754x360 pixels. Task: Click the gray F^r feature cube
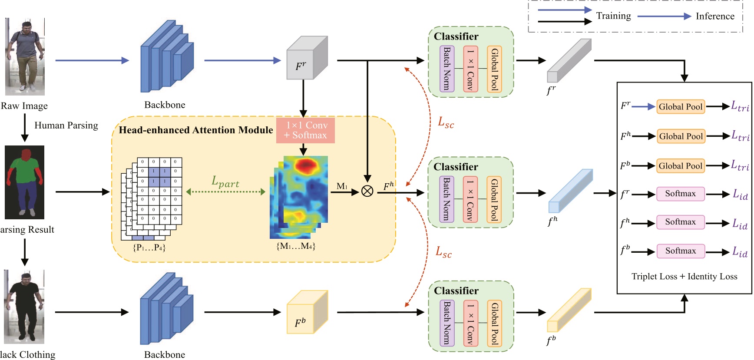(x=306, y=59)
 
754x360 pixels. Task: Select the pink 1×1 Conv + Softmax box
(x=305, y=130)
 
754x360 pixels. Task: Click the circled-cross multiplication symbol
(x=367, y=191)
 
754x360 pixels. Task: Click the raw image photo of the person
(x=25, y=56)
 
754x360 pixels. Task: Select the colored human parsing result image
(x=24, y=182)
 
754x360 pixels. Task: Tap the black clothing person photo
(x=24, y=307)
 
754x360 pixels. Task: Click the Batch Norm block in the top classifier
(x=447, y=69)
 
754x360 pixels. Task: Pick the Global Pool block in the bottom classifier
(x=494, y=323)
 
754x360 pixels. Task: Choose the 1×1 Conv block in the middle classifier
(x=470, y=199)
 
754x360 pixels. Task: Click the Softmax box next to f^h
(x=680, y=222)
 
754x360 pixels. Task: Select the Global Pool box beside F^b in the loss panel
(x=680, y=166)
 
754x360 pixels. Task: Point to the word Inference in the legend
(x=715, y=17)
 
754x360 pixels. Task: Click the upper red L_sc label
(x=446, y=123)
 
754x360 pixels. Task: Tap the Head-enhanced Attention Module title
(x=195, y=130)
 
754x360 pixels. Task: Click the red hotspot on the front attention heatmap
(x=306, y=165)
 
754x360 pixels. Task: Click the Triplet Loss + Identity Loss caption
(x=684, y=277)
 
